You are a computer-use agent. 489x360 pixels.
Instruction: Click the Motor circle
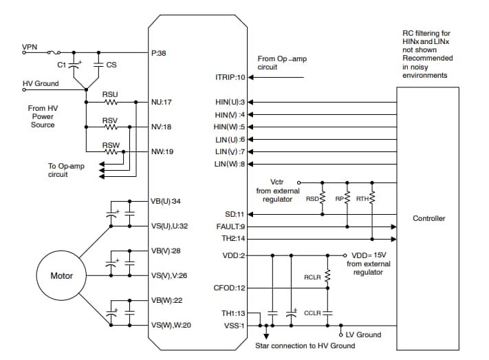click(62, 276)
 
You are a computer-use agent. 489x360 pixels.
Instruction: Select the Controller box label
click(428, 218)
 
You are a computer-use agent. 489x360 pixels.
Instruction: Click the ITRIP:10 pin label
click(230, 77)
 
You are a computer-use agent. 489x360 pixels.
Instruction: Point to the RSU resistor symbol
click(110, 102)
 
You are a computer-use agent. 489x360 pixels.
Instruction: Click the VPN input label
click(30, 47)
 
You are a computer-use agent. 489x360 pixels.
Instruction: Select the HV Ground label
click(41, 84)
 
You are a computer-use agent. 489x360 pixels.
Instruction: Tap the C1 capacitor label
click(61, 64)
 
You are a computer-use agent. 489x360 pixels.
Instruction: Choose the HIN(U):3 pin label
click(230, 102)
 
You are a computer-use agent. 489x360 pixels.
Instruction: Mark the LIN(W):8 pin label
click(230, 164)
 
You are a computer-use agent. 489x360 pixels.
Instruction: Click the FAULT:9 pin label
click(231, 226)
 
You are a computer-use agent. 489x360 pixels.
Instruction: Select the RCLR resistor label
click(313, 277)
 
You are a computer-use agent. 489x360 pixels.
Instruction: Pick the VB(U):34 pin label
click(167, 201)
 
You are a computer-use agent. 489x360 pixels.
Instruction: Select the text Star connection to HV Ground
click(305, 346)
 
